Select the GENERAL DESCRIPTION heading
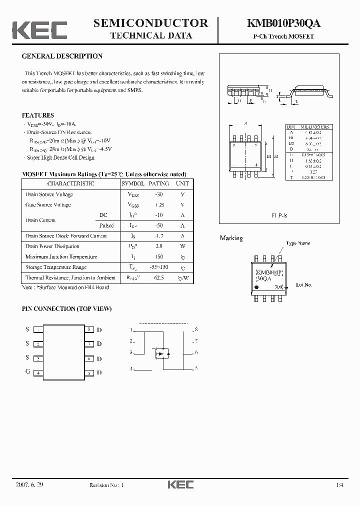pyautogui.click(x=62, y=56)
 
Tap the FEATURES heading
pyautogui.click(x=37, y=115)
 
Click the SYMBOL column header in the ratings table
pyautogui.click(x=133, y=183)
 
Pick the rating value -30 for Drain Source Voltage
pyautogui.click(x=159, y=194)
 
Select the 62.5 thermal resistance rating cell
pyautogui.click(x=159, y=277)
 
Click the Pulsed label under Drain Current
pyautogui.click(x=106, y=225)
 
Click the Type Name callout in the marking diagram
pyautogui.click(x=298, y=243)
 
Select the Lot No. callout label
pyautogui.click(x=303, y=284)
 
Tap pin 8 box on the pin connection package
pyautogui.click(x=88, y=329)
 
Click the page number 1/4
pyautogui.click(x=340, y=485)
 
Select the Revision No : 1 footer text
pyautogui.click(x=106, y=485)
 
